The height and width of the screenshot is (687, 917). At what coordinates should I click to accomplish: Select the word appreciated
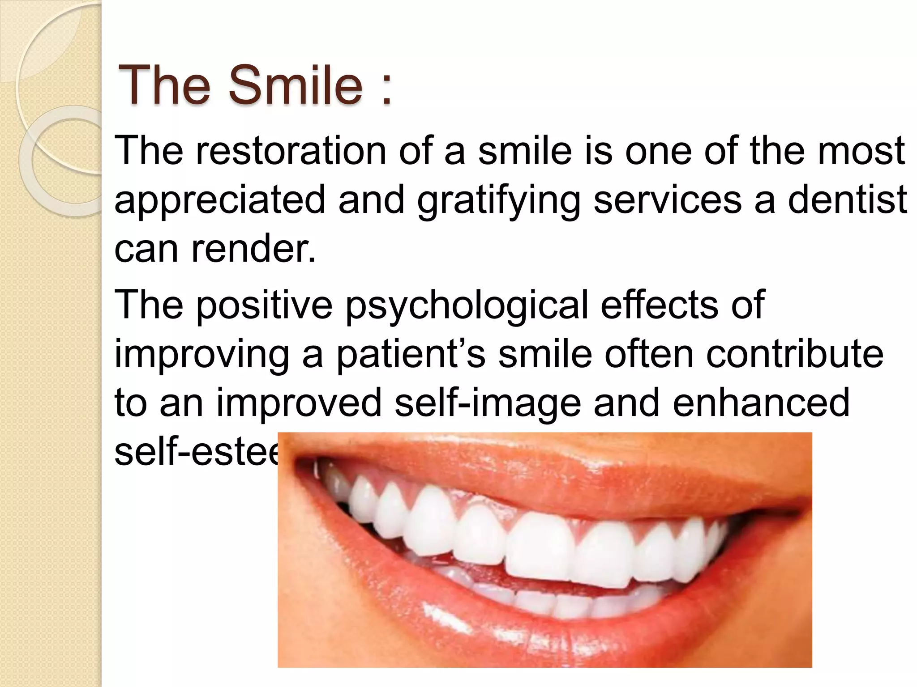[x=219, y=200]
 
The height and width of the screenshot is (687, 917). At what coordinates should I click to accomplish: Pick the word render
[x=253, y=249]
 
